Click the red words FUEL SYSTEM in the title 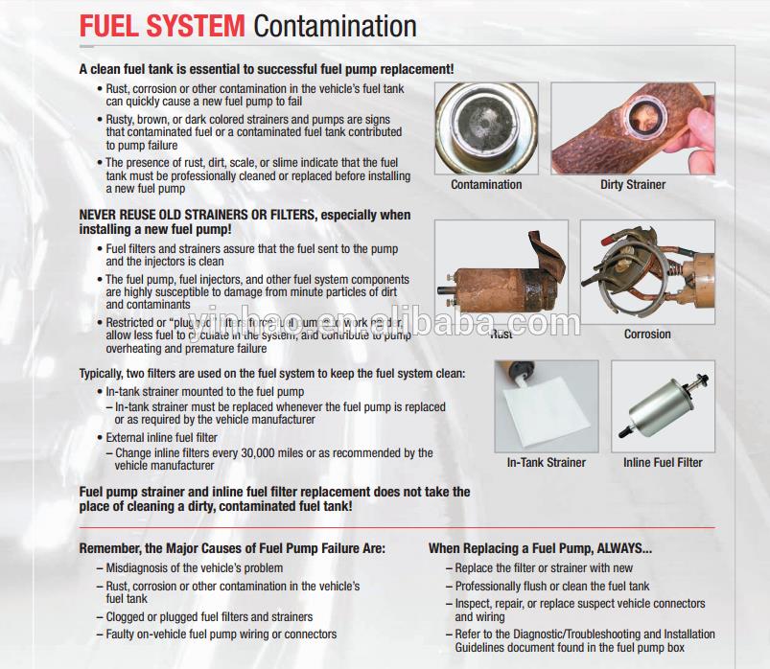point(163,26)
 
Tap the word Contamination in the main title point(335,26)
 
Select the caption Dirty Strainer point(633,184)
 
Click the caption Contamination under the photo point(486,184)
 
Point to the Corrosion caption point(647,334)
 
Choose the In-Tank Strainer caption point(546,462)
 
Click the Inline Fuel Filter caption point(663,462)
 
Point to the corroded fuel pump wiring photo point(647,272)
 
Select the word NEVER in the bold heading point(98,215)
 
